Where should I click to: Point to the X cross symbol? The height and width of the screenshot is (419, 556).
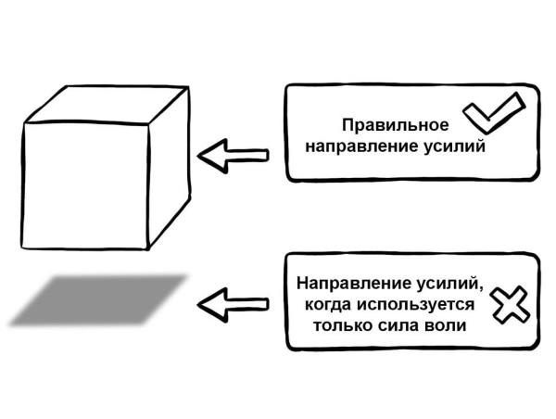click(x=507, y=302)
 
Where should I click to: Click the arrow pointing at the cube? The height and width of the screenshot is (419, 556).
click(x=235, y=156)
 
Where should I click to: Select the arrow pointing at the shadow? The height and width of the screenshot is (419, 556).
click(x=235, y=302)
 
